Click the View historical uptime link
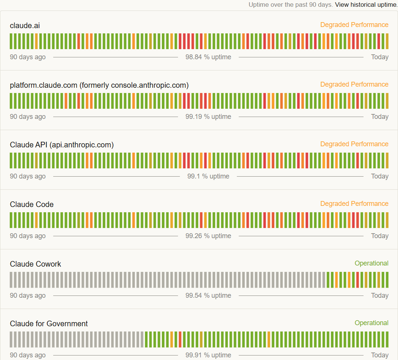[x=366, y=5]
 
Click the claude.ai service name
[x=25, y=26]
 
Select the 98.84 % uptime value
[x=208, y=57]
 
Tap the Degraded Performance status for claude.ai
[x=354, y=25]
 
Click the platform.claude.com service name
[x=99, y=85]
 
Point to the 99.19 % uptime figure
[x=208, y=117]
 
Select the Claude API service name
[x=61, y=145]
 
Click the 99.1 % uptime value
[x=208, y=176]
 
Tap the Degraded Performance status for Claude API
[x=354, y=144]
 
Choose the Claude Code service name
[x=31, y=204]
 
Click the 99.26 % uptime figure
[x=208, y=236]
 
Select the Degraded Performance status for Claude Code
[x=354, y=204]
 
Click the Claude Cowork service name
[x=35, y=264]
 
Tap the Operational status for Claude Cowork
[x=371, y=263]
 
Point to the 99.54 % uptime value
[x=208, y=295]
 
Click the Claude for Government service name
[x=49, y=324]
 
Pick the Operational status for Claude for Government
[x=371, y=323]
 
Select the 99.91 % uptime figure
[x=208, y=355]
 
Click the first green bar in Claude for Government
[x=147, y=339]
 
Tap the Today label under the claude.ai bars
[x=380, y=57]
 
